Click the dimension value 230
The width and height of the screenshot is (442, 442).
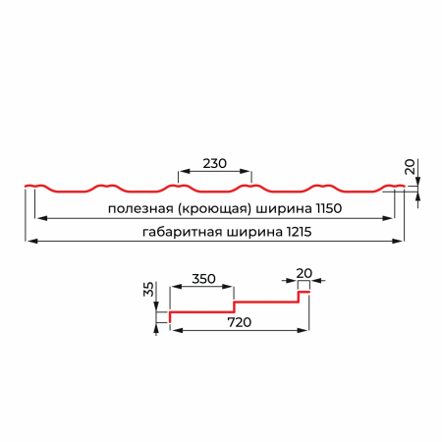(214, 163)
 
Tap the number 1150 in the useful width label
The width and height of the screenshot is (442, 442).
(329, 208)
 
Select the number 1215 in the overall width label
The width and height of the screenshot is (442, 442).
(299, 232)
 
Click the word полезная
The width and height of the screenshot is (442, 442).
(140, 208)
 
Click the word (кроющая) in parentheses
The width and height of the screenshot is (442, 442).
(215, 208)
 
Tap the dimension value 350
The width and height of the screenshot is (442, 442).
(203, 279)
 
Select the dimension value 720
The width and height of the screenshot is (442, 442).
(240, 322)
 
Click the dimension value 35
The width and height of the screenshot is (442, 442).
(148, 289)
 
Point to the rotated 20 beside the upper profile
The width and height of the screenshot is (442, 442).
(410, 167)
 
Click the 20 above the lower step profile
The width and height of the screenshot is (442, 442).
(304, 273)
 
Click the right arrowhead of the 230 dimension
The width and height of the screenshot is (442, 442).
(246, 171)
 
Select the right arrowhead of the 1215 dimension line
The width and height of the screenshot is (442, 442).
(398, 242)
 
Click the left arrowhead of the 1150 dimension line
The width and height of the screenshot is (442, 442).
(41, 218)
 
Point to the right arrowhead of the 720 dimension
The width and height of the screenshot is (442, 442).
(303, 330)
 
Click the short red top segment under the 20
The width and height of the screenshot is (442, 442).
(304, 292)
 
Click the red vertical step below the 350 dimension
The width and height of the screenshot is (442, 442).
(235, 306)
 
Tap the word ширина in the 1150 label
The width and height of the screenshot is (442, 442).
(284, 209)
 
